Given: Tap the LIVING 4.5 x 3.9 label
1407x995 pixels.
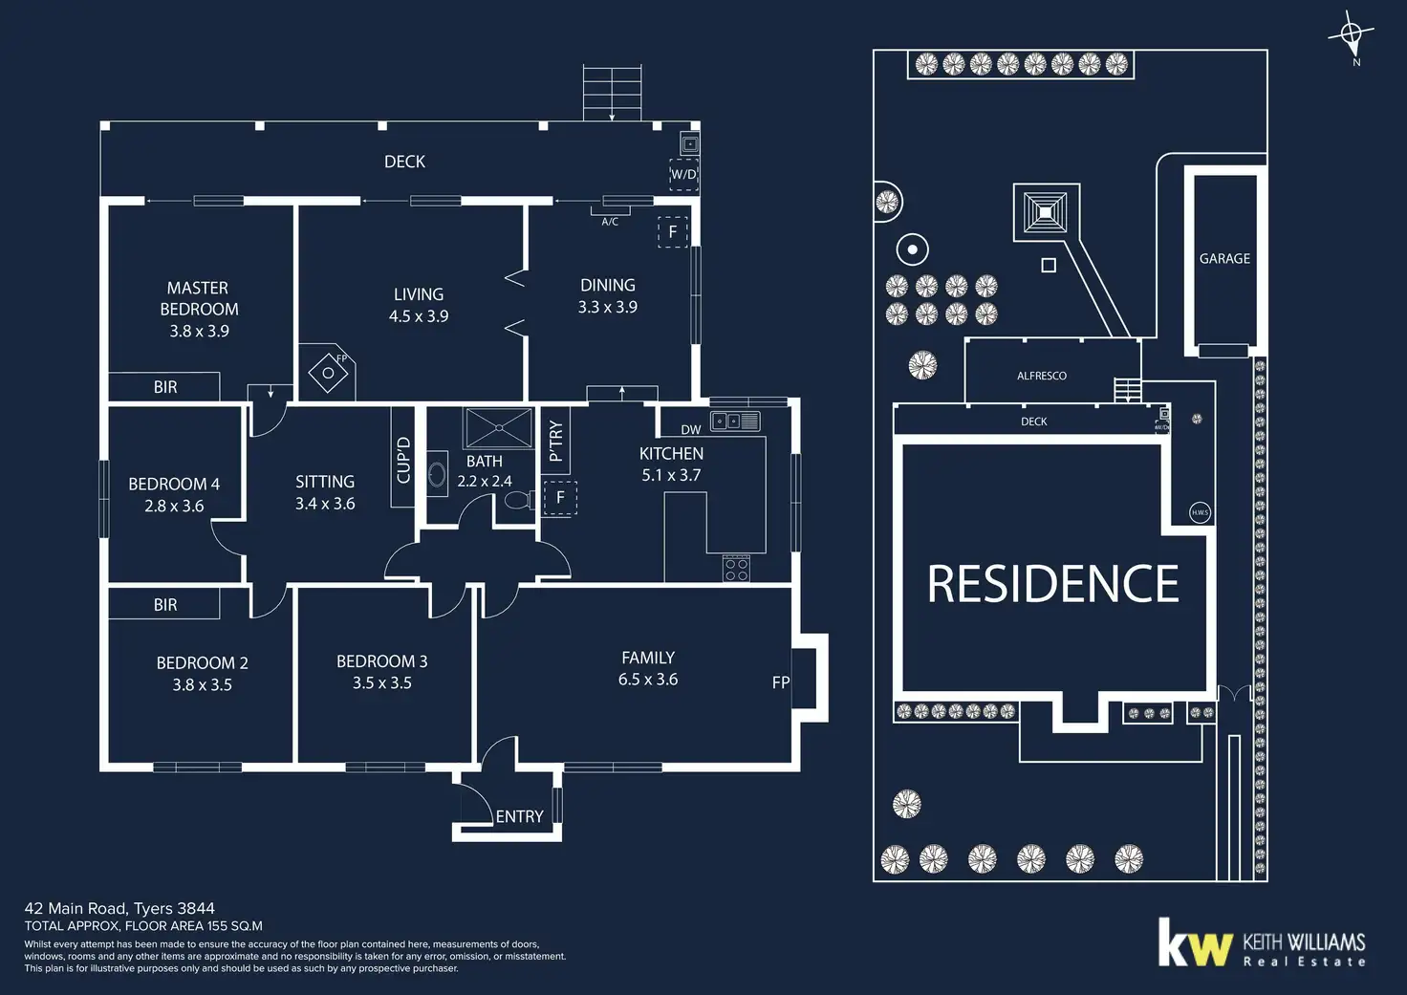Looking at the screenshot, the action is coord(419,305).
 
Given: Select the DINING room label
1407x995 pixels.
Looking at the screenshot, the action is coord(608,285).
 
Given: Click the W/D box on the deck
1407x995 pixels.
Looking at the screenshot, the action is coord(683,175).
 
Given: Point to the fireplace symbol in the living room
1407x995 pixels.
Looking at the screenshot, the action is coord(329,372).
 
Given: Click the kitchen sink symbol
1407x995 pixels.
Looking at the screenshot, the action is coord(735,421).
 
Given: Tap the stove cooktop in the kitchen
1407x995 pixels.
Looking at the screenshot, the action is coord(736,569).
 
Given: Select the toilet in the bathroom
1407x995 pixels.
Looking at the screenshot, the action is coord(517,500).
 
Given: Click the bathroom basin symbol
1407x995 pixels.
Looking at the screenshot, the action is coord(437,474).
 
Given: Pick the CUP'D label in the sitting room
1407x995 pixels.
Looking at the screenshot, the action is coord(402,459).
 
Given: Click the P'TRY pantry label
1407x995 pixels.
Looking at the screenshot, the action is coord(555,441).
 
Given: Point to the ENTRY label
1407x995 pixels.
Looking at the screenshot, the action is coord(519,816).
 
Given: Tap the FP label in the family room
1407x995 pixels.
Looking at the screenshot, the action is coord(780,682).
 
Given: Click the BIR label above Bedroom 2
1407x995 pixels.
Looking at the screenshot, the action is coord(165,605).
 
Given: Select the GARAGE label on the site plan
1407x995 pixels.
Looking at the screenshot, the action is coord(1224,258).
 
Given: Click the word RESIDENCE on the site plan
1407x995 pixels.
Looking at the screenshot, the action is coord(1053,584).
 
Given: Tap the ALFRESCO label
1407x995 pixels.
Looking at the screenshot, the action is coord(1041,376).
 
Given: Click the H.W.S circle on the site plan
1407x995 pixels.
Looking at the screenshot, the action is coord(1200,512).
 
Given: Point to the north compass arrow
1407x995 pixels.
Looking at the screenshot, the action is coord(1351,37).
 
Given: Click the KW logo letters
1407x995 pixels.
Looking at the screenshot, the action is coord(1195,943).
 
